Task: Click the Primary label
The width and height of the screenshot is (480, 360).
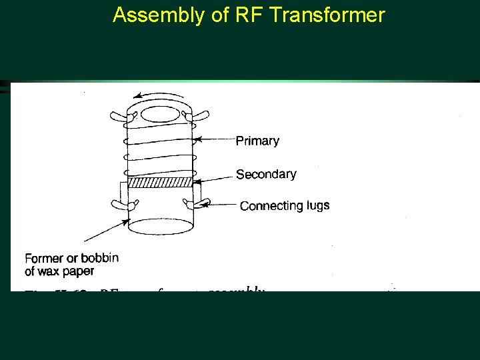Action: pyautogui.click(x=257, y=141)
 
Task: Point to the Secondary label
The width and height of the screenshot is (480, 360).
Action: pyautogui.click(x=266, y=174)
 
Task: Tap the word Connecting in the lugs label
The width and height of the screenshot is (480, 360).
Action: pyautogui.click(x=269, y=206)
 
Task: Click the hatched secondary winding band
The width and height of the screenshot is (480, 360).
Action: pyautogui.click(x=160, y=182)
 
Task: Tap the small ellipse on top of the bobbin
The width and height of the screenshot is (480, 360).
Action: pyautogui.click(x=160, y=114)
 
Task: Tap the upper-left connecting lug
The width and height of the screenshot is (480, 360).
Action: pyautogui.click(x=121, y=117)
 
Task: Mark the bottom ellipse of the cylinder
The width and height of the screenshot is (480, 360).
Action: pyautogui.click(x=160, y=227)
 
